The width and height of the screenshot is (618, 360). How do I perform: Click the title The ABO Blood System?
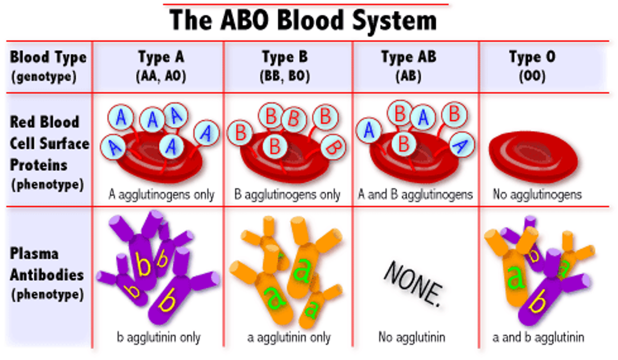click(x=303, y=20)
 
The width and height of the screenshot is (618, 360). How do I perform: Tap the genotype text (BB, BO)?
click(x=285, y=76)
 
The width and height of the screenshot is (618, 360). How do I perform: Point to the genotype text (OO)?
click(x=532, y=76)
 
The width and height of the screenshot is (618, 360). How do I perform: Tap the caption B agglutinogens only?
click(x=287, y=195)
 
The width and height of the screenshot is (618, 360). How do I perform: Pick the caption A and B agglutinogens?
click(x=415, y=195)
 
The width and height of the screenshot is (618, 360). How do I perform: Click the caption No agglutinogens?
click(x=537, y=195)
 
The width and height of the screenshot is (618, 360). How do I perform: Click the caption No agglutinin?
click(x=412, y=337)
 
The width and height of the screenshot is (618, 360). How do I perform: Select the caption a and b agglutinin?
click(x=538, y=337)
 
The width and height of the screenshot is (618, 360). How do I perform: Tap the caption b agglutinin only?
click(x=158, y=337)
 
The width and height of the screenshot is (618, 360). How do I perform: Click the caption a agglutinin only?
click(x=289, y=337)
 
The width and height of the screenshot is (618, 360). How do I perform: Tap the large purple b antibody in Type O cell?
click(x=542, y=296)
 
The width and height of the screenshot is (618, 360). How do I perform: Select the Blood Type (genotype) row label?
click(x=48, y=67)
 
